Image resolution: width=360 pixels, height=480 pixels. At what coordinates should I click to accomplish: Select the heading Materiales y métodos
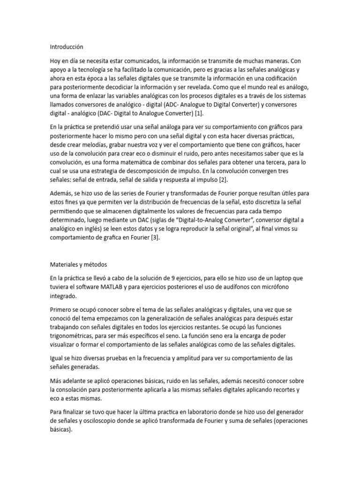[x=79, y=264]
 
